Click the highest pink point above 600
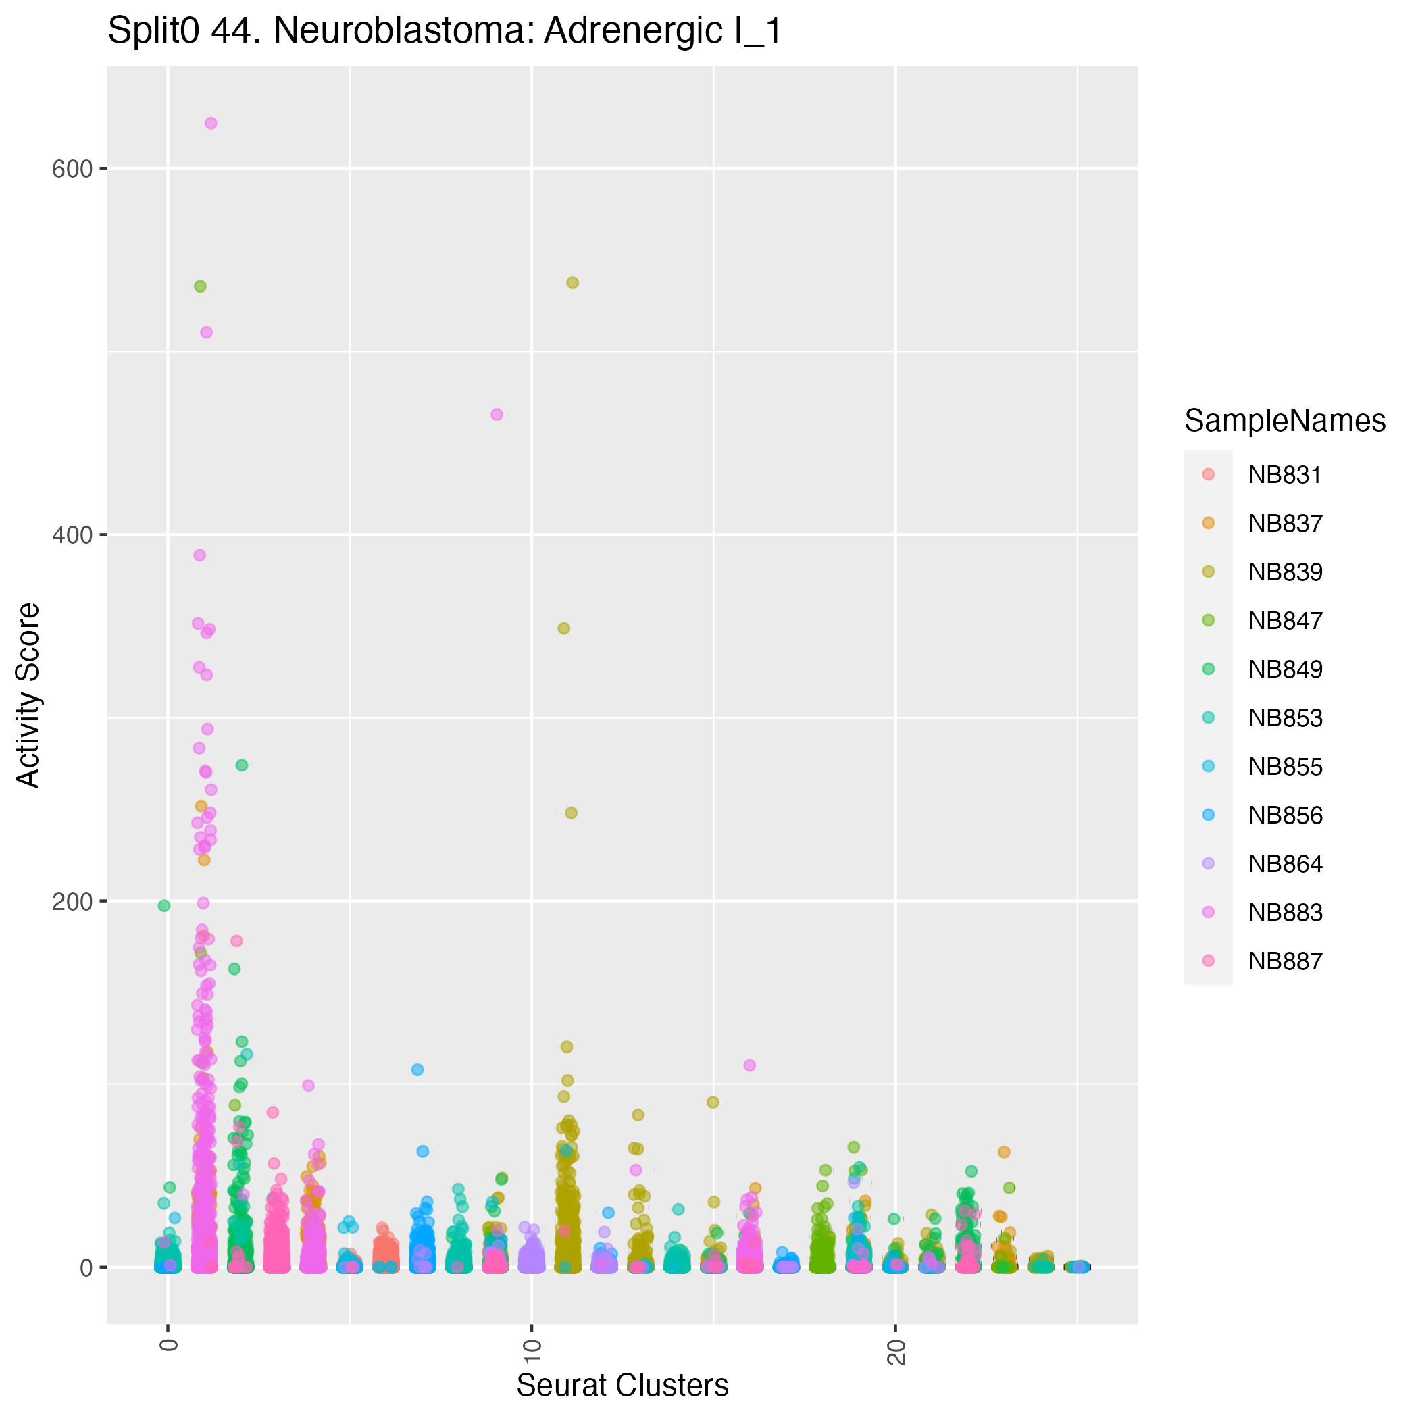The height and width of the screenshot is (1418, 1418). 211,124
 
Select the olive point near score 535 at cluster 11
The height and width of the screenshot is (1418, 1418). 572,282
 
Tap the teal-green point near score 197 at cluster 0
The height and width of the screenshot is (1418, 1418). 164,906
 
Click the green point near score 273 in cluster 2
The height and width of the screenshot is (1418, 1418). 241,765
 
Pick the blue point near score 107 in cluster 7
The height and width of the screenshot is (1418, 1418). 417,1069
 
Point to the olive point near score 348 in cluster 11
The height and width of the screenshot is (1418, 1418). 563,628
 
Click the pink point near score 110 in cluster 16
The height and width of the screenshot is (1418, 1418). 749,1065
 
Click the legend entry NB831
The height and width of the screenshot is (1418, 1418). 1285,476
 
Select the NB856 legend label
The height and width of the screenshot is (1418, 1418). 1285,815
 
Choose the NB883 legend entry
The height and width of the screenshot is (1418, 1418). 1285,912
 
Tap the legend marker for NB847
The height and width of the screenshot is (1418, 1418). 1209,621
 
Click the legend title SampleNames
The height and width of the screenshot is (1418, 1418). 1284,422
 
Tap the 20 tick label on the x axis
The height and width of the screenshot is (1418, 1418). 895,1351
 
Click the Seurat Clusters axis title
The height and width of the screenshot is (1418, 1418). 622,1386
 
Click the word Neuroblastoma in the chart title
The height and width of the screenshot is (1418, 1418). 404,32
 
